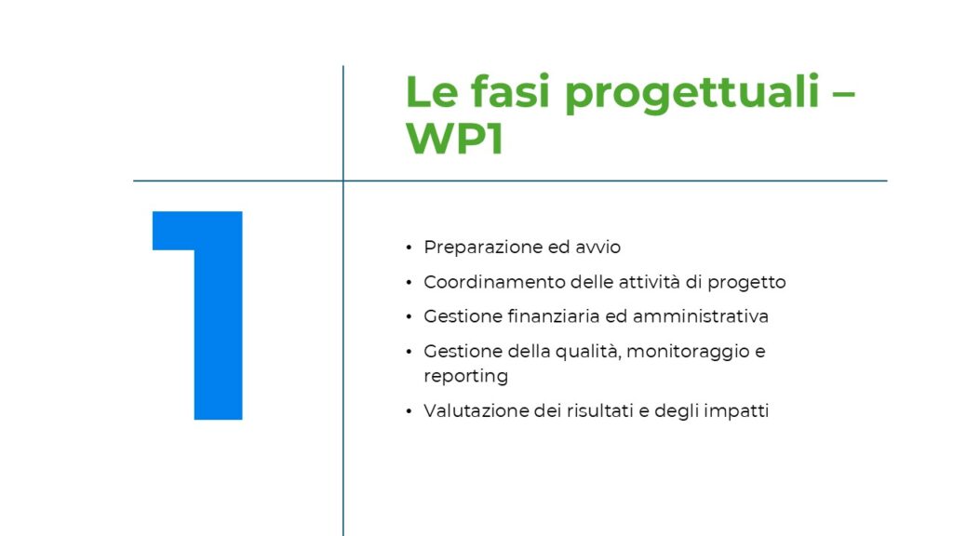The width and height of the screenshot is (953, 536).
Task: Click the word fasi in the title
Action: (510, 91)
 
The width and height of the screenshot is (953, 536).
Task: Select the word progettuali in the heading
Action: (692, 94)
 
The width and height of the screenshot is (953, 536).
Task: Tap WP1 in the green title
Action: (454, 139)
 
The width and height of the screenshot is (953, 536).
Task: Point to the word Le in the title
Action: (432, 92)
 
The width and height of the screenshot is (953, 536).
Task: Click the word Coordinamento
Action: (494, 282)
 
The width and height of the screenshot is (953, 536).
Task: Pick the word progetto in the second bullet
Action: (747, 283)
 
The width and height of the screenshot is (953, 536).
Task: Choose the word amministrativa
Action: (701, 316)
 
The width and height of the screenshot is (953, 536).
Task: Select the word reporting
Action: (465, 376)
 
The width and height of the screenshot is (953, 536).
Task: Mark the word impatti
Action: (736, 411)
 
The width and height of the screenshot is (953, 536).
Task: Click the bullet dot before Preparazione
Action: (409, 248)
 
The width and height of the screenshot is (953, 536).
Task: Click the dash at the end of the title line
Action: (843, 96)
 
